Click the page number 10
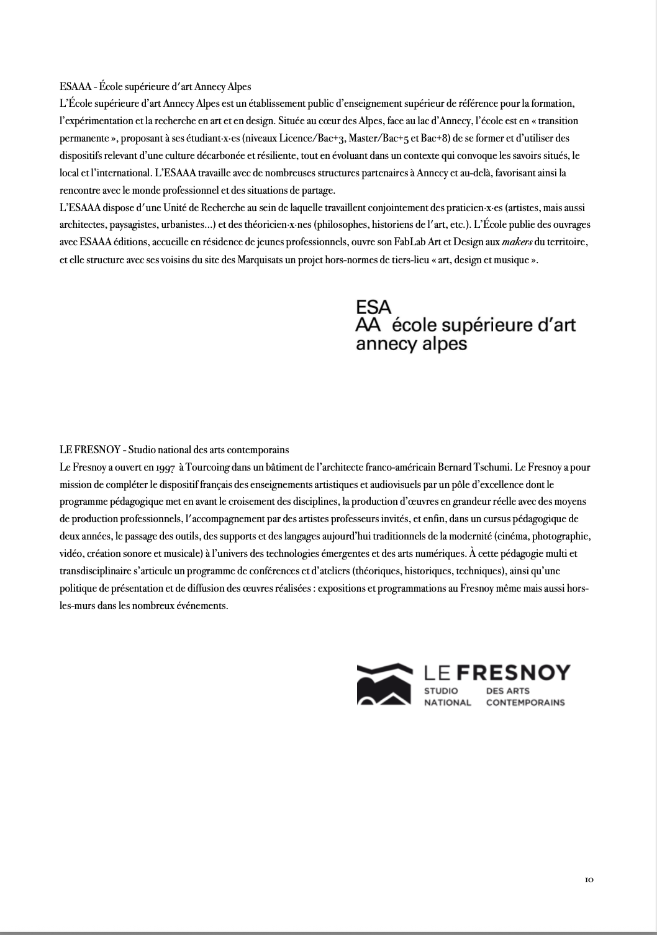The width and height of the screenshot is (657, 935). pyautogui.click(x=589, y=879)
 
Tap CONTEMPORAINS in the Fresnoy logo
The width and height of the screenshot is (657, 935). pyautogui.click(x=525, y=702)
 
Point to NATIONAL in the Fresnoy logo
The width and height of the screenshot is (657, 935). pyautogui.click(x=447, y=702)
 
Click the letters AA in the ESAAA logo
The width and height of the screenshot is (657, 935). pyautogui.click(x=368, y=325)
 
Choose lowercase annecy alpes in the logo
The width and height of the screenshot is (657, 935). pyautogui.click(x=411, y=343)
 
